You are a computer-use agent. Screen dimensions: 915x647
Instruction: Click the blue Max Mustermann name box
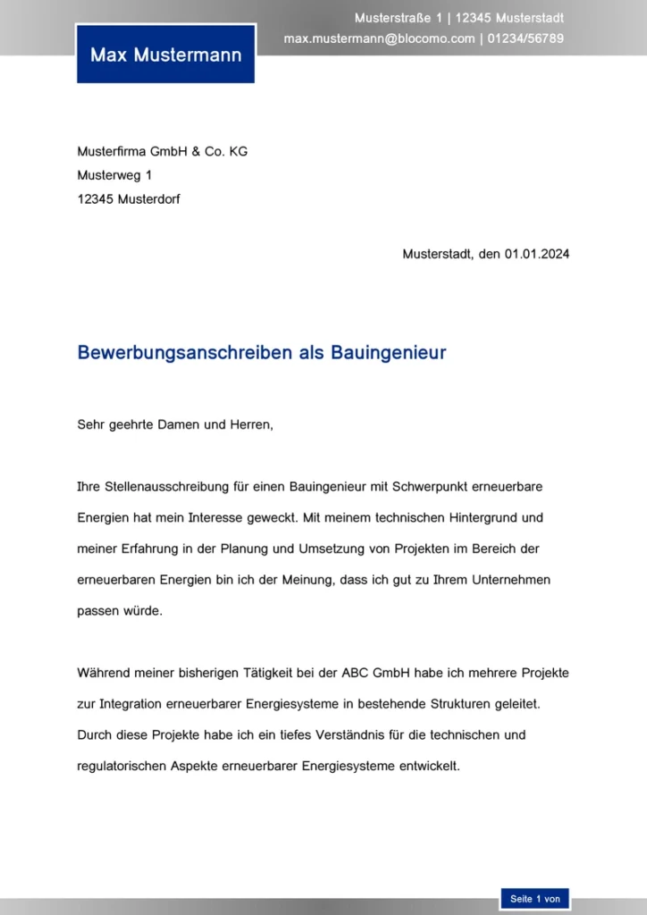tap(165, 55)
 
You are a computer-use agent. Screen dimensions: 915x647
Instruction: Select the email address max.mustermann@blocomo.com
tap(379, 38)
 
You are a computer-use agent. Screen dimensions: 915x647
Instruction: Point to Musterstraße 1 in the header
tap(398, 18)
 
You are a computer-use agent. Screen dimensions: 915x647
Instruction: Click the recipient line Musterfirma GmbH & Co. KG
tap(162, 152)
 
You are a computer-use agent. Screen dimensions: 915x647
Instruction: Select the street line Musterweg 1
tap(114, 175)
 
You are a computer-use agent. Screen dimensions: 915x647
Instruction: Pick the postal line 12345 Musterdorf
tap(129, 199)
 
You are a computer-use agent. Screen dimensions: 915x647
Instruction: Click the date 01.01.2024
tap(536, 254)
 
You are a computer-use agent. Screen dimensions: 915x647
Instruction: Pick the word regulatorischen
tap(122, 767)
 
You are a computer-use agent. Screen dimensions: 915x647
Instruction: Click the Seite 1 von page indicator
tap(534, 899)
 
